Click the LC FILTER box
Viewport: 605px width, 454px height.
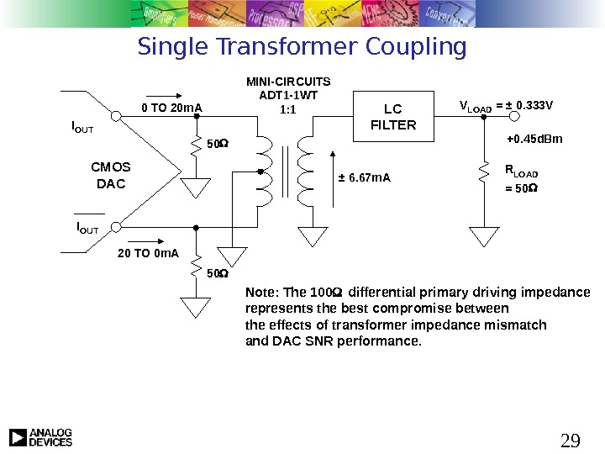[x=393, y=118]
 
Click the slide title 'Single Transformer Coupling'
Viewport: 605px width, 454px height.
[x=302, y=47]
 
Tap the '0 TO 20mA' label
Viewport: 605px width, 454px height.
[x=172, y=108]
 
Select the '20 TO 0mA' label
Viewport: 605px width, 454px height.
[x=148, y=252]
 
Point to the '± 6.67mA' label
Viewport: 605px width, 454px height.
[x=364, y=177]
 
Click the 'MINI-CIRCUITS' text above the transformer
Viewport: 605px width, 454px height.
[x=288, y=82]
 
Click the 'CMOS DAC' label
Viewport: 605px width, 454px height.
[x=110, y=175]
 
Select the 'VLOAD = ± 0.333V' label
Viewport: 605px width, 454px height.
[x=506, y=106]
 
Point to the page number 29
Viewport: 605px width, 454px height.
[x=571, y=441]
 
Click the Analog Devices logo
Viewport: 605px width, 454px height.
[x=40, y=437]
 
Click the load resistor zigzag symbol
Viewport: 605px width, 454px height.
[x=484, y=172]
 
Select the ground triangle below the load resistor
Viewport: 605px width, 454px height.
[x=484, y=235]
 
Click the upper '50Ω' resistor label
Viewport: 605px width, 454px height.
[x=217, y=144]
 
